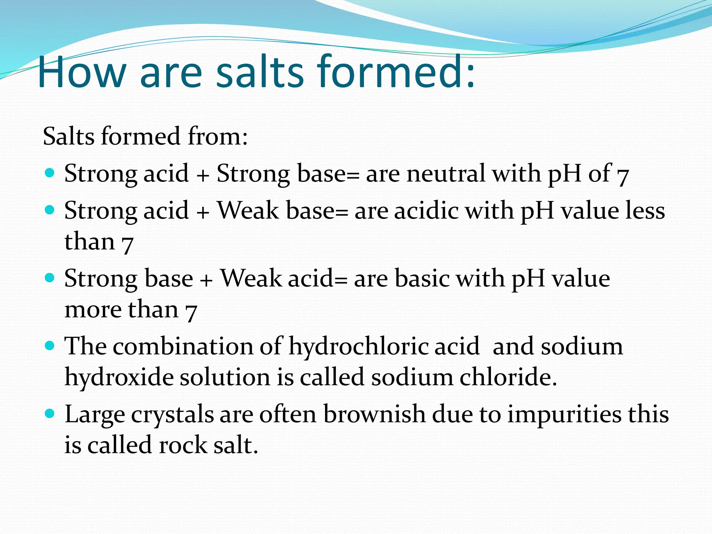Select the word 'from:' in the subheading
[x=218, y=136]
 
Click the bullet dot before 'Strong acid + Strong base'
[x=50, y=172]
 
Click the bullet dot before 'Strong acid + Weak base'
[x=50, y=210]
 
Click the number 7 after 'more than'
[x=191, y=310]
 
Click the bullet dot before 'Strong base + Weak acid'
[x=50, y=278]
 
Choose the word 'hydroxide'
[x=119, y=377]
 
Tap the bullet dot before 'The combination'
[x=50, y=346]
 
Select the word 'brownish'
[x=374, y=414]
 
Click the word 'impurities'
[x=564, y=414]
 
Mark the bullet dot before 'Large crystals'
[x=50, y=413]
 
